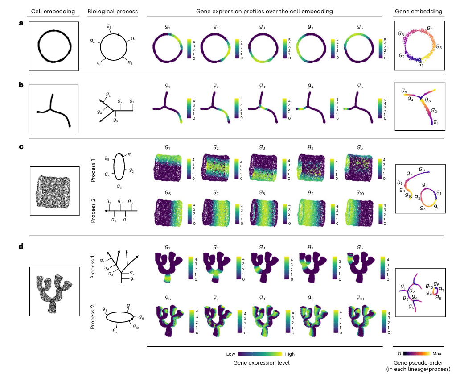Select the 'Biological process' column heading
coord(109,11)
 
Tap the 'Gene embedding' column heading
coord(419,11)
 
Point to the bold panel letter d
coord(21,247)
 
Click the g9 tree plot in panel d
coord(311,317)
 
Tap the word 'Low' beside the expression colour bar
coord(230,354)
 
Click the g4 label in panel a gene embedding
coord(430,28)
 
